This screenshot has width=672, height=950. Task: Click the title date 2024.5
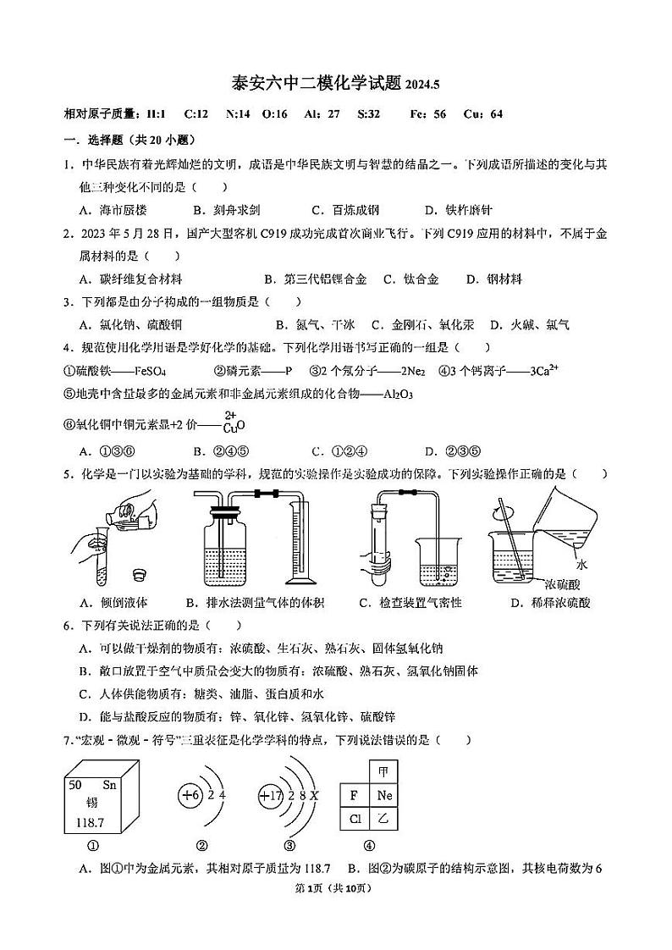click(x=423, y=86)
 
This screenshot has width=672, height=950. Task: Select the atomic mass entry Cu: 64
click(x=483, y=114)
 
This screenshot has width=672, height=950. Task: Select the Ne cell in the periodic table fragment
click(x=385, y=796)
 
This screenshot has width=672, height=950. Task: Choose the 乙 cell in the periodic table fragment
click(x=385, y=819)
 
